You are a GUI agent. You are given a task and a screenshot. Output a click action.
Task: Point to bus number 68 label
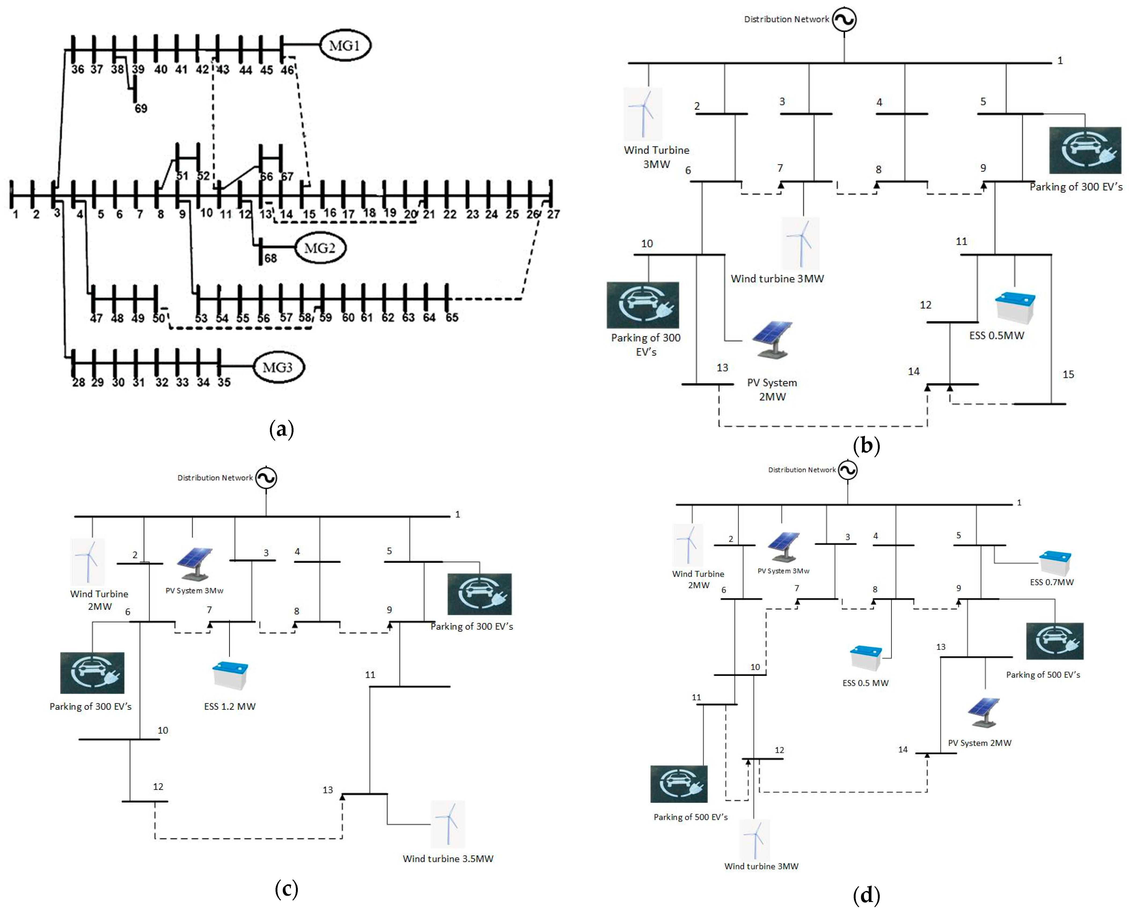tap(270, 258)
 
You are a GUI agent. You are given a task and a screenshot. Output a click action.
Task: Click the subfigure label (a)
tap(281, 429)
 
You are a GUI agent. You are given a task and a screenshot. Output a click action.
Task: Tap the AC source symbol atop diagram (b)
tap(844, 20)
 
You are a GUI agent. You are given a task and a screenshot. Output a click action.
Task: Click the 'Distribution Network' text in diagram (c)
tap(215, 477)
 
